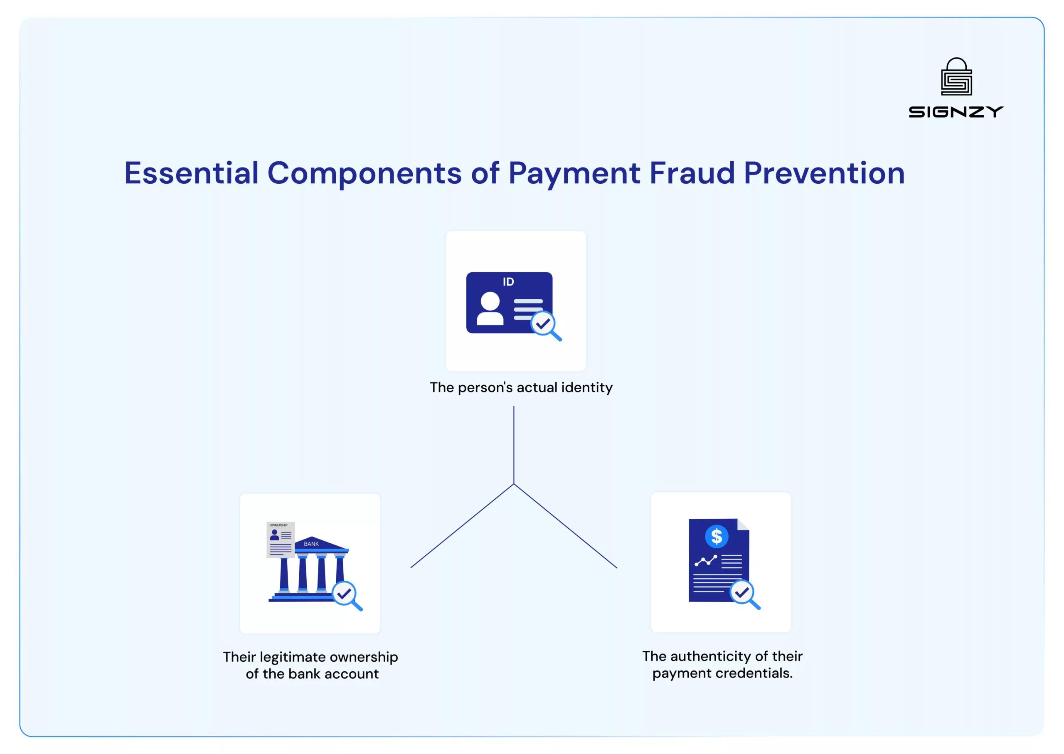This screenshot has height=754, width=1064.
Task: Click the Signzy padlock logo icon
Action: (956, 76)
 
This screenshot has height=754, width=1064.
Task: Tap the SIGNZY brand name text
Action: (956, 112)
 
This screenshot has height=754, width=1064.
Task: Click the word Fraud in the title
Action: (692, 173)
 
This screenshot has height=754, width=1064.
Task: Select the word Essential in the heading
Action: (191, 173)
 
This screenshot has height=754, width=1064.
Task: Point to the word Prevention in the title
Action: (824, 173)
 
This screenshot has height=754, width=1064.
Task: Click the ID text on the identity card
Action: (508, 282)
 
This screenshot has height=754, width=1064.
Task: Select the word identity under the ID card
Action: (587, 387)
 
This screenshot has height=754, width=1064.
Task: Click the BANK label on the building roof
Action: (311, 544)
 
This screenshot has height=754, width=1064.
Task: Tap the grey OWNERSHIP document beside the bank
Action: (281, 539)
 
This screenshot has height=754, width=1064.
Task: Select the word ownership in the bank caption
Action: (364, 657)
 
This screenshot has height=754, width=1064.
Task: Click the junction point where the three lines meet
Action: (513, 484)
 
